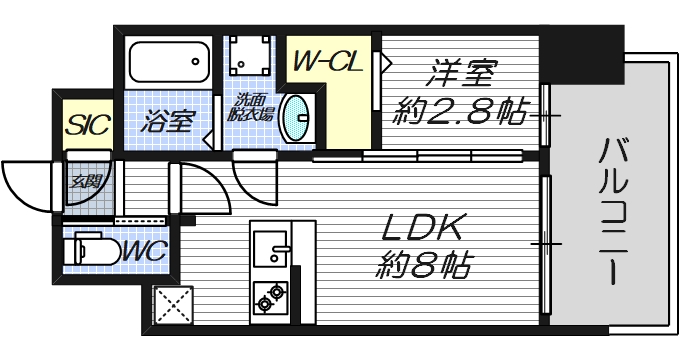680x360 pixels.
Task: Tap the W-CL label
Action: click(326, 63)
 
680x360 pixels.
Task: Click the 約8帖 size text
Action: click(423, 266)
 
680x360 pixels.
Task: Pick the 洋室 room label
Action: click(463, 75)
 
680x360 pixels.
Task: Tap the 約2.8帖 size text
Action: click(462, 112)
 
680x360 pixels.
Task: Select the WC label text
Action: click(144, 250)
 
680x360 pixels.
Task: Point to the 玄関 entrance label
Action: click(83, 182)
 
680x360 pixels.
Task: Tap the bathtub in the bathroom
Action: click(169, 65)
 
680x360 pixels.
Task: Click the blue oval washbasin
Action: click(296, 118)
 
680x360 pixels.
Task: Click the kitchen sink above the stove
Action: click(270, 244)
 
